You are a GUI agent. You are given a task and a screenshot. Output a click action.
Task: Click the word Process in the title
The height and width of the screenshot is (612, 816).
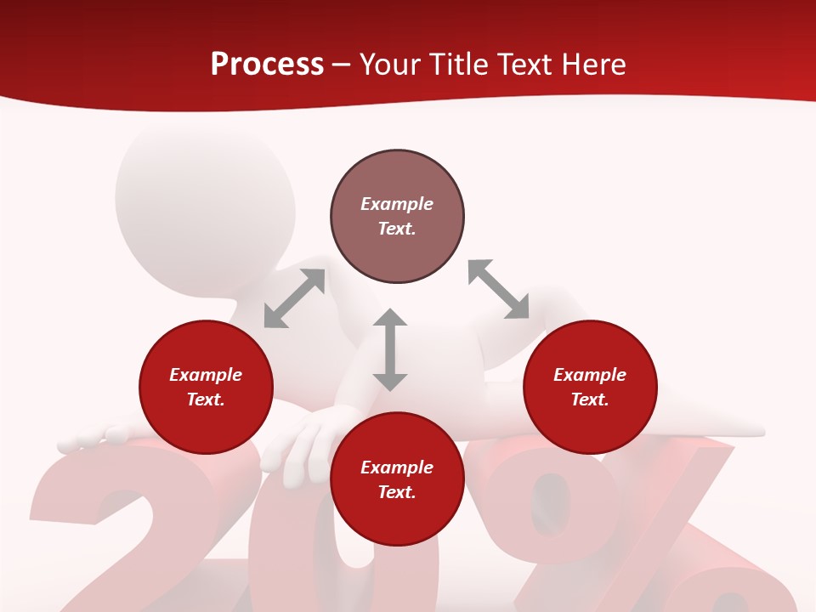[267, 65]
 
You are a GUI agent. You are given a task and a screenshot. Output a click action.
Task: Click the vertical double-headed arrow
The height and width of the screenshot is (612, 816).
[390, 349]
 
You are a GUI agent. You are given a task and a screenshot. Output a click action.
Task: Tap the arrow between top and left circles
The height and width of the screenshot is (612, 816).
[294, 298]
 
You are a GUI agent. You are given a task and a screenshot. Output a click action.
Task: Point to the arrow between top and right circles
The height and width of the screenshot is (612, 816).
[498, 289]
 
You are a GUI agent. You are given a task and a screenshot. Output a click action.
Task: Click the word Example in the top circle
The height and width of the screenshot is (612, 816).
[397, 204]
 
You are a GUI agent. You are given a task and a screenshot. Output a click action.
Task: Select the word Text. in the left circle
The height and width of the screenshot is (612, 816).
[206, 399]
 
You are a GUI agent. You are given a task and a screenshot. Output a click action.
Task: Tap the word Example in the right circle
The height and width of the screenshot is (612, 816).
[590, 375]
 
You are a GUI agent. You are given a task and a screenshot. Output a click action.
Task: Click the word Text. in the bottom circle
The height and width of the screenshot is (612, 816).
[397, 492]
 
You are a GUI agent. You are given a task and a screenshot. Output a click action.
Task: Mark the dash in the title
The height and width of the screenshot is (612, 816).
[341, 65]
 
